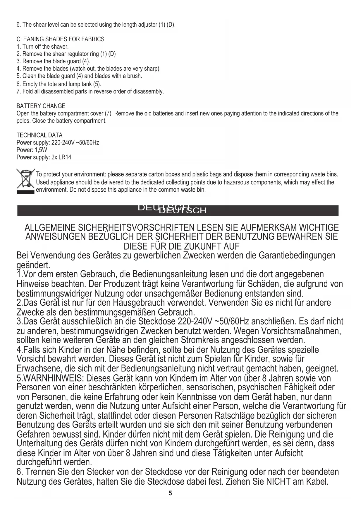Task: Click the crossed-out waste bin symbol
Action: pyautogui.click(x=25, y=181)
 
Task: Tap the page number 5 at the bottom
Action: pyautogui.click(x=170, y=493)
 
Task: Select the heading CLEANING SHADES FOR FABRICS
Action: pyautogui.click(x=60, y=39)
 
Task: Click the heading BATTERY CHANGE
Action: pyautogui.click(x=41, y=106)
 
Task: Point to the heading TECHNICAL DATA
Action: pyautogui.click(x=39, y=135)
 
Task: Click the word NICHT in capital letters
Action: pyautogui.click(x=278, y=482)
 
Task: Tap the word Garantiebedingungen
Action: pyautogui.click(x=297, y=256)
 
